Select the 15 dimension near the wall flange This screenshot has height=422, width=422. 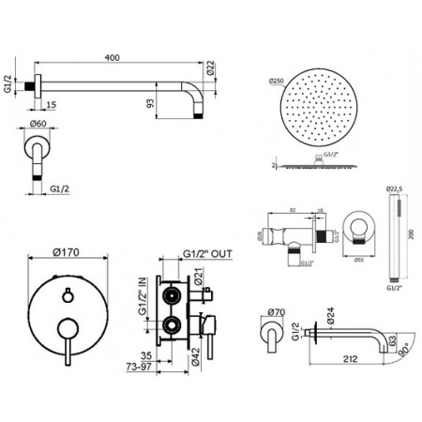[x=49, y=105]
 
